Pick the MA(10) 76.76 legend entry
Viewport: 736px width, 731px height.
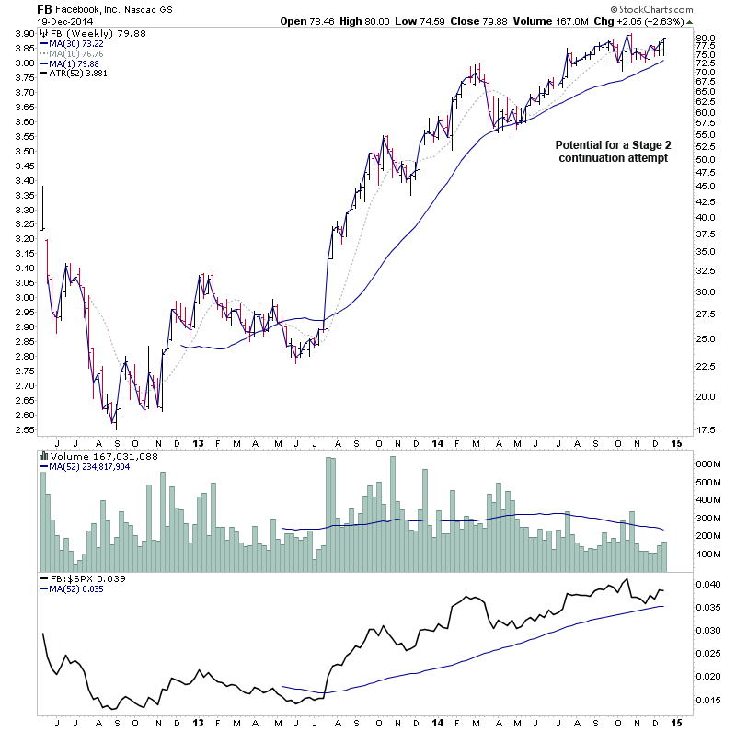72,52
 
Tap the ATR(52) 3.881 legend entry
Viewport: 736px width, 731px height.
74,73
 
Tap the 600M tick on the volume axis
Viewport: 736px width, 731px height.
707,463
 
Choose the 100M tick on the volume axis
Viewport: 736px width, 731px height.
707,554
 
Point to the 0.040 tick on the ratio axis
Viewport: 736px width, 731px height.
707,585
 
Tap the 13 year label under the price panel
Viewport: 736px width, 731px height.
197,441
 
